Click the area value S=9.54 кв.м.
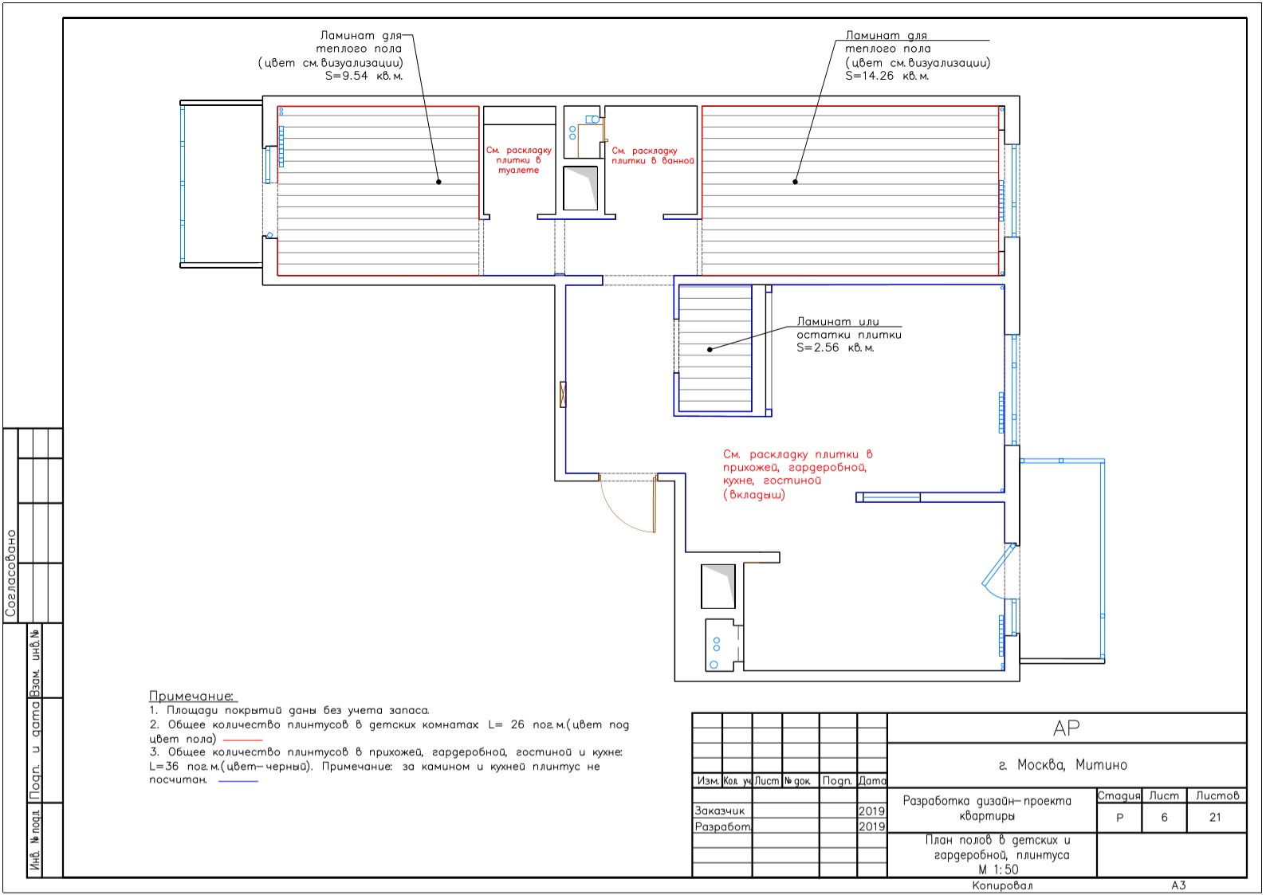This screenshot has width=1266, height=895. [364, 77]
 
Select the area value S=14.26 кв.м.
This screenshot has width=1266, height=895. [887, 77]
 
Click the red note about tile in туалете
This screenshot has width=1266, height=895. [519, 160]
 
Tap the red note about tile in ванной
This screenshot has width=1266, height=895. [653, 155]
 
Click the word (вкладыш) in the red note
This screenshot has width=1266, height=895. [754, 495]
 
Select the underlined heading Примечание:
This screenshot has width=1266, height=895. [191, 696]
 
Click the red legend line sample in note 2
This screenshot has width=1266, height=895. [243, 740]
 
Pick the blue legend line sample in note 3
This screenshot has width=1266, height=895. [238, 781]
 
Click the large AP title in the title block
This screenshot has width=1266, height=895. [1067, 728]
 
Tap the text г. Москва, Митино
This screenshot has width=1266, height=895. [1063, 765]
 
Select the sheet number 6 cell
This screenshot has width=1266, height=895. [1164, 818]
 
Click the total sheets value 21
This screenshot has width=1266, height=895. [1215, 818]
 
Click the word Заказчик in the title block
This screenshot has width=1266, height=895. [719, 811]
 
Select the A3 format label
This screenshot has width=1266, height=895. [1178, 885]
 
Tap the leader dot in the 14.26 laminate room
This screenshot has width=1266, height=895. [795, 182]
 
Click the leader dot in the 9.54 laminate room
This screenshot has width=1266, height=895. [438, 182]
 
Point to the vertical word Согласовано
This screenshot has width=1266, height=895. [10, 574]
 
